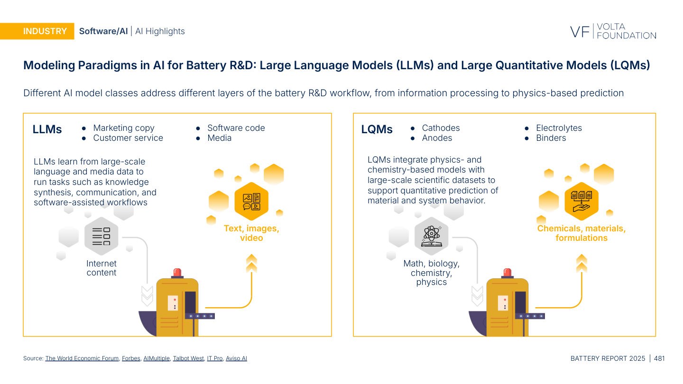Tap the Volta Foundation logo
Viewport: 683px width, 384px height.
click(x=613, y=31)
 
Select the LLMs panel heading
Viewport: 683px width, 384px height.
click(x=47, y=129)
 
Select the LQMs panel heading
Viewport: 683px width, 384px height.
click(x=377, y=129)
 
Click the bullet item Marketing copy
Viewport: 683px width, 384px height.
click(x=124, y=128)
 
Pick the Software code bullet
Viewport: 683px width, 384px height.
click(x=236, y=128)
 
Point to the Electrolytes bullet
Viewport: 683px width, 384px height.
click(x=559, y=128)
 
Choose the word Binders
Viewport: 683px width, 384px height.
click(x=551, y=138)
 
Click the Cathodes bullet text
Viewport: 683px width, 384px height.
click(x=441, y=128)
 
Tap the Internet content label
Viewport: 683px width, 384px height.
click(x=102, y=268)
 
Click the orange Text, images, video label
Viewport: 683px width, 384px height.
click(x=251, y=233)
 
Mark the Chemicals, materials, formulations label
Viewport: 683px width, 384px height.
click(x=581, y=233)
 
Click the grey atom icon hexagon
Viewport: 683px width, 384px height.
click(x=432, y=236)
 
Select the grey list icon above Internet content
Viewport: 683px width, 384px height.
click(x=102, y=236)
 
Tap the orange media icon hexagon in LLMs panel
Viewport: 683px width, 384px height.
click(x=251, y=201)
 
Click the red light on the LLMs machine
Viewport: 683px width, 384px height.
click(x=177, y=273)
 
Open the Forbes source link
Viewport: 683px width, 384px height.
click(x=131, y=358)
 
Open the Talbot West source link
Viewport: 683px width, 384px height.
click(x=188, y=358)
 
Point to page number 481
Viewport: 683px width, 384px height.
click(x=659, y=358)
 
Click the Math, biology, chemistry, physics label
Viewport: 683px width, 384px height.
click(x=432, y=273)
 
